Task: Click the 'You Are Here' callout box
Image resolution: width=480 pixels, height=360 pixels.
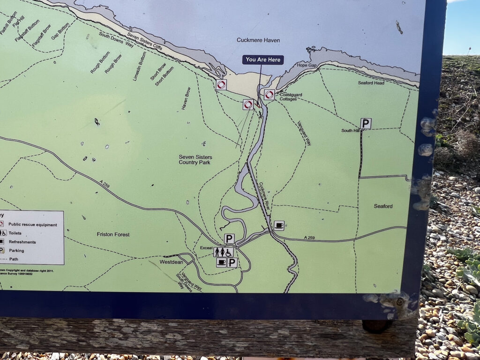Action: pyautogui.click(x=263, y=60)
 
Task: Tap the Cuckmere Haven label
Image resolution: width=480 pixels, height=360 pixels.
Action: pyautogui.click(x=258, y=40)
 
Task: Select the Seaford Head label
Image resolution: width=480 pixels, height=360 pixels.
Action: pyautogui.click(x=371, y=83)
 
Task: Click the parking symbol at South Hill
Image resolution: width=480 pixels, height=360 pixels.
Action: pyautogui.click(x=366, y=123)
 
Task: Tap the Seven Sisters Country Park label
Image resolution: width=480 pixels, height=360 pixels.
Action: pyautogui.click(x=195, y=159)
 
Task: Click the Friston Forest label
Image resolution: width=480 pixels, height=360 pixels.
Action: pyautogui.click(x=113, y=234)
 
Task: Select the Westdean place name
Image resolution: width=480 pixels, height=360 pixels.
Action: pyautogui.click(x=171, y=262)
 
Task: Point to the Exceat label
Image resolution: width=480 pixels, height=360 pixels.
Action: pyautogui.click(x=206, y=247)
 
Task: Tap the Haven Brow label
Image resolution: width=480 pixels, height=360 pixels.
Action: pyautogui.click(x=186, y=99)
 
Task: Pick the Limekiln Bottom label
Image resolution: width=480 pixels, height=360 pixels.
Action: pyautogui.click(x=140, y=66)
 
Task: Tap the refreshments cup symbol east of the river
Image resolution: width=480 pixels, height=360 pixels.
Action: pyautogui.click(x=279, y=225)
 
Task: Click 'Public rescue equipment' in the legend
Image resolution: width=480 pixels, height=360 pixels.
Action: pyautogui.click(x=33, y=225)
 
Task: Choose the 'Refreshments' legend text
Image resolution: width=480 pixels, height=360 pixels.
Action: pyautogui.click(x=22, y=242)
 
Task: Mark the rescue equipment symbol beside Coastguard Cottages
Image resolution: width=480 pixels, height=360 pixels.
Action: pyautogui.click(x=269, y=95)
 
